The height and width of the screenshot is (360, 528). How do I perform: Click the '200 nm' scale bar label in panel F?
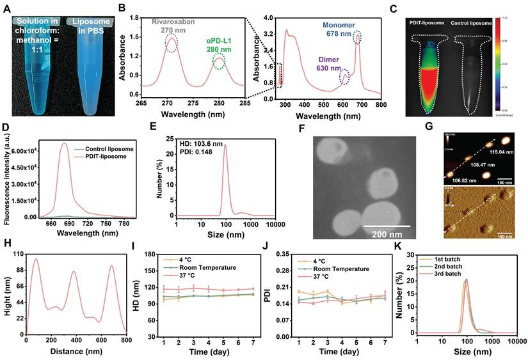(387, 230)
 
